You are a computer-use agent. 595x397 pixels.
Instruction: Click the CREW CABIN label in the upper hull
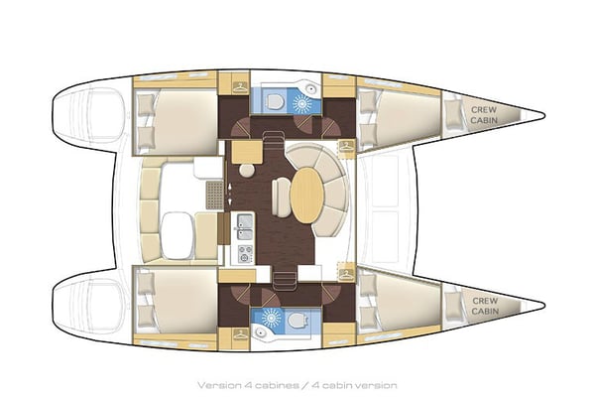pos(484,115)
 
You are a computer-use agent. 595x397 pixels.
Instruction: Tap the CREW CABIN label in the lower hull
pos(485,306)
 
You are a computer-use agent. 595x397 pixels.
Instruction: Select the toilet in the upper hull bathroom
pos(274,101)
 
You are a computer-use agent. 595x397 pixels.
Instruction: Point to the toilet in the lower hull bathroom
pos(297,320)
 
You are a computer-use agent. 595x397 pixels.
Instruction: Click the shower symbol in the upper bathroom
pos(302,103)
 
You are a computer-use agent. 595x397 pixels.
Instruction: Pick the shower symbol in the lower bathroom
pos(272,318)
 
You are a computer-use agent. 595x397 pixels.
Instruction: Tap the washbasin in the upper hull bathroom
pos(311,89)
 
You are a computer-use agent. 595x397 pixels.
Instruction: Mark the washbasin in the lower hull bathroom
pos(260,332)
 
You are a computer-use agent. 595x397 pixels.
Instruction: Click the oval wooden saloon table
pos(306,196)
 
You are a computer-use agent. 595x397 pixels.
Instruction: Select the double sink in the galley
pos(245,227)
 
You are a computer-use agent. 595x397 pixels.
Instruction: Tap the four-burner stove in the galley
pos(245,254)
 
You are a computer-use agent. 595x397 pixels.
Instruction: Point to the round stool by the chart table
pos(247,170)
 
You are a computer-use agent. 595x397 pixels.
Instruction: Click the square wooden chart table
pos(247,152)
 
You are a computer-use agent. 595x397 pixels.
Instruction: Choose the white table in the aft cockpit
pos(177,235)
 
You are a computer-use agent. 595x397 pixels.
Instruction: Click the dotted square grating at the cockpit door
pos(215,195)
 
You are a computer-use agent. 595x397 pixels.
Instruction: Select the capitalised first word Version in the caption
pos(216,386)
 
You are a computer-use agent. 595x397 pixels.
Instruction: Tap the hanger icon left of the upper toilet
pos(239,87)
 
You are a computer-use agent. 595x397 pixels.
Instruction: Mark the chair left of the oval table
pos(281,198)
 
